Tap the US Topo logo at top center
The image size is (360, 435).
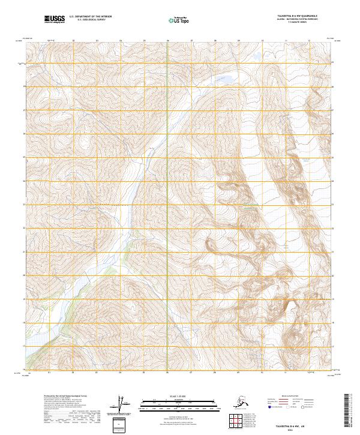(x=179, y=20)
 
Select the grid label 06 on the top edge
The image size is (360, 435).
(x=167, y=41)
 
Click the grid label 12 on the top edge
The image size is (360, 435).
(x=309, y=41)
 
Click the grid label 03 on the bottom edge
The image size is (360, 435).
(x=97, y=372)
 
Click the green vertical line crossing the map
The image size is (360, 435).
(x=167, y=240)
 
